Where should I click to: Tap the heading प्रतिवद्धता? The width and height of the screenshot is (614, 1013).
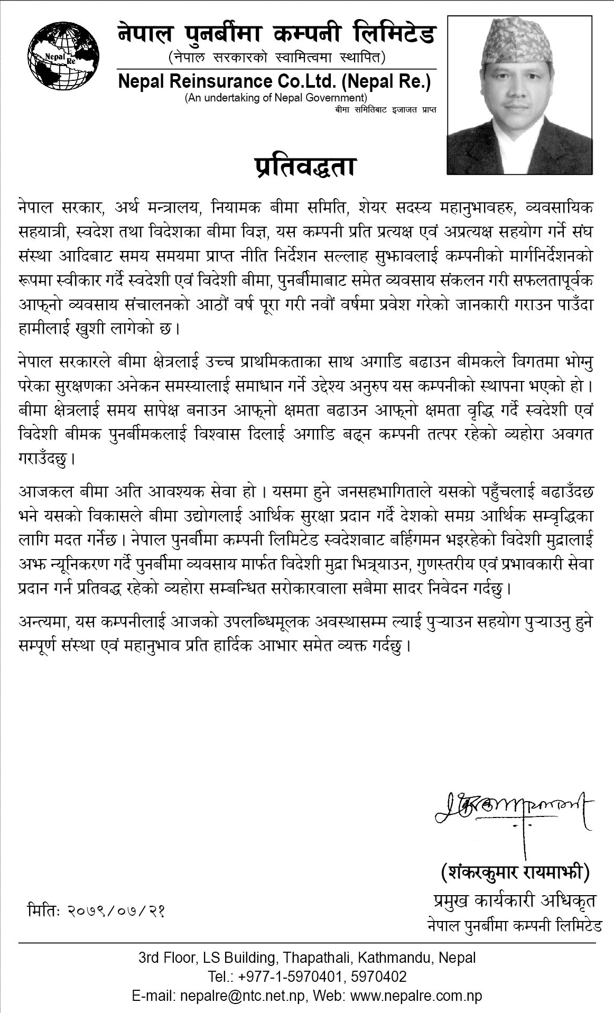coord(302,167)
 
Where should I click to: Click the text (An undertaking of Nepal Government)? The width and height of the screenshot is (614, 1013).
coord(275,98)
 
